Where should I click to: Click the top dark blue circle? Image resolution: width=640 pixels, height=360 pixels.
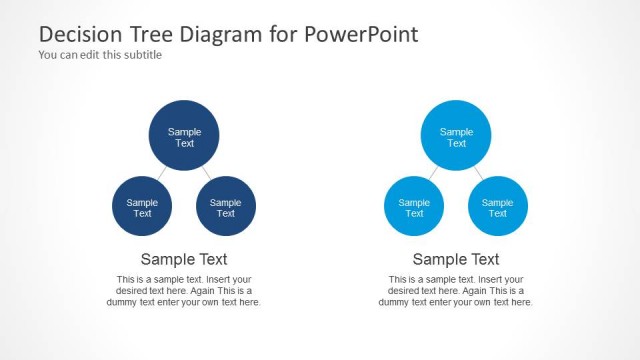point(184,137)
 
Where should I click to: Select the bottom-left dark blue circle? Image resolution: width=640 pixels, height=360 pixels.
point(142,207)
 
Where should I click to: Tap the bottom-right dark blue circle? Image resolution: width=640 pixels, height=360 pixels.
point(226,207)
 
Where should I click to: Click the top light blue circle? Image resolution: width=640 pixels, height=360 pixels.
point(456,137)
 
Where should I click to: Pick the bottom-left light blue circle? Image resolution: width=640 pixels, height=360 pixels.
point(414,207)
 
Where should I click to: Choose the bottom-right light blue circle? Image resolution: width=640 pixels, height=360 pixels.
point(498,207)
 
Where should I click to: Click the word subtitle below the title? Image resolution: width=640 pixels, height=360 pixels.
point(142,55)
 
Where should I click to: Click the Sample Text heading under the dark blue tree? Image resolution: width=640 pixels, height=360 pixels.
point(184,259)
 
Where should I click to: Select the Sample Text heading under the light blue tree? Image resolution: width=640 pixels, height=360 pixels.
point(456,259)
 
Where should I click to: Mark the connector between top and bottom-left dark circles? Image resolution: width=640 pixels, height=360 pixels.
point(162,173)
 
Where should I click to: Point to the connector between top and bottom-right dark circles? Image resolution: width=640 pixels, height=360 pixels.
point(205,173)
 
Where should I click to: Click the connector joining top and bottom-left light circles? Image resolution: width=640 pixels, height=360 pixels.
point(434,173)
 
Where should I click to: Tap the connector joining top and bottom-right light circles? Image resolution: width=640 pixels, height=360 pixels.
point(477,173)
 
